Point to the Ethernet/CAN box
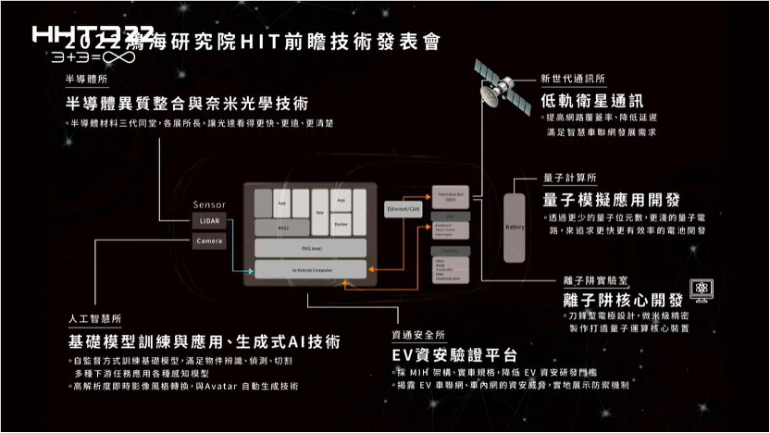pyautogui.click(x=403, y=210)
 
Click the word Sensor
pyautogui.click(x=208, y=204)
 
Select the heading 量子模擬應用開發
pyautogui.click(x=612, y=200)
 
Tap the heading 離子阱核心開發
pyautogui.click(x=623, y=300)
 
